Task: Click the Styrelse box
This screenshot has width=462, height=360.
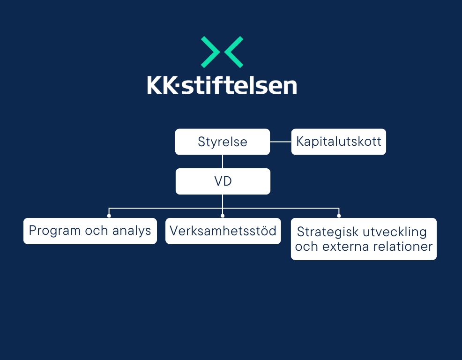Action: click(x=223, y=142)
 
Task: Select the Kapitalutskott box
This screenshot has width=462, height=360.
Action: click(x=339, y=142)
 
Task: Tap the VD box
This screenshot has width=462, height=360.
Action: click(x=223, y=181)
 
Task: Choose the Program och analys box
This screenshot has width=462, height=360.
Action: click(x=90, y=231)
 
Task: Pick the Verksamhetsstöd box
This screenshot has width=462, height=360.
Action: click(x=223, y=231)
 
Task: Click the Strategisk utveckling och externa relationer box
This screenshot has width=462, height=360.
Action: click(x=364, y=239)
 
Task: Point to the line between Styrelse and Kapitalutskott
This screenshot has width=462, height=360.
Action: click(x=281, y=142)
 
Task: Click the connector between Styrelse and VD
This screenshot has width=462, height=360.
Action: click(x=223, y=162)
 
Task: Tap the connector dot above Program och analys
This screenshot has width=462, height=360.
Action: click(x=109, y=216)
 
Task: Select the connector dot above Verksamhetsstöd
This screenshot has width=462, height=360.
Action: click(x=223, y=216)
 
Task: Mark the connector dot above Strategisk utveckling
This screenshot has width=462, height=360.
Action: click(x=339, y=216)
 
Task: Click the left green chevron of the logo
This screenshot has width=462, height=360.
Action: click(x=210, y=52)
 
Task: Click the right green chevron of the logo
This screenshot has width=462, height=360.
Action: click(x=234, y=52)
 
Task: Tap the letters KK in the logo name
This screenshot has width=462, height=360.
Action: click(x=163, y=85)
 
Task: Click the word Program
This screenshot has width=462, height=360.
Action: click(x=55, y=231)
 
